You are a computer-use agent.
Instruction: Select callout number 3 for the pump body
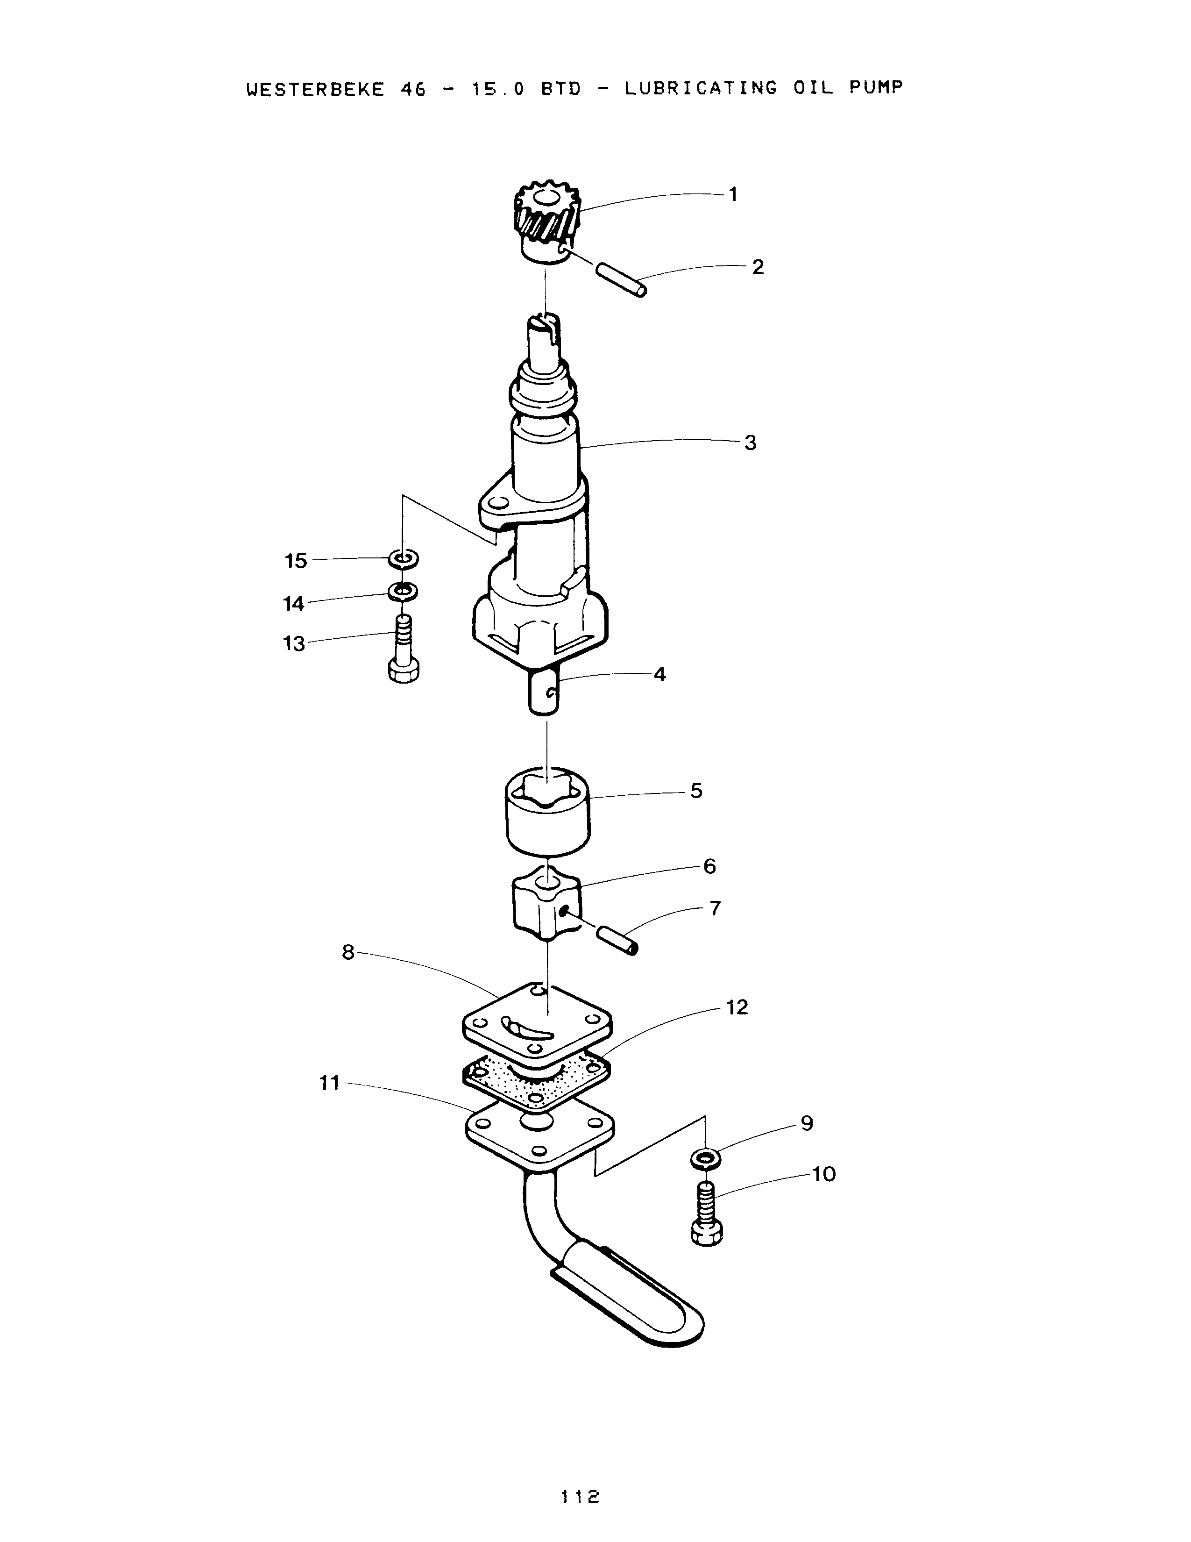pos(750,443)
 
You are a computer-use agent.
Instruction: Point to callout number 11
pos(329,1083)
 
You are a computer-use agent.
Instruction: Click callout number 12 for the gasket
pos(737,1007)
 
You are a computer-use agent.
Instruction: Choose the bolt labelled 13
pos(404,649)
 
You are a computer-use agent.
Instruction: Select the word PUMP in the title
pos(875,87)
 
